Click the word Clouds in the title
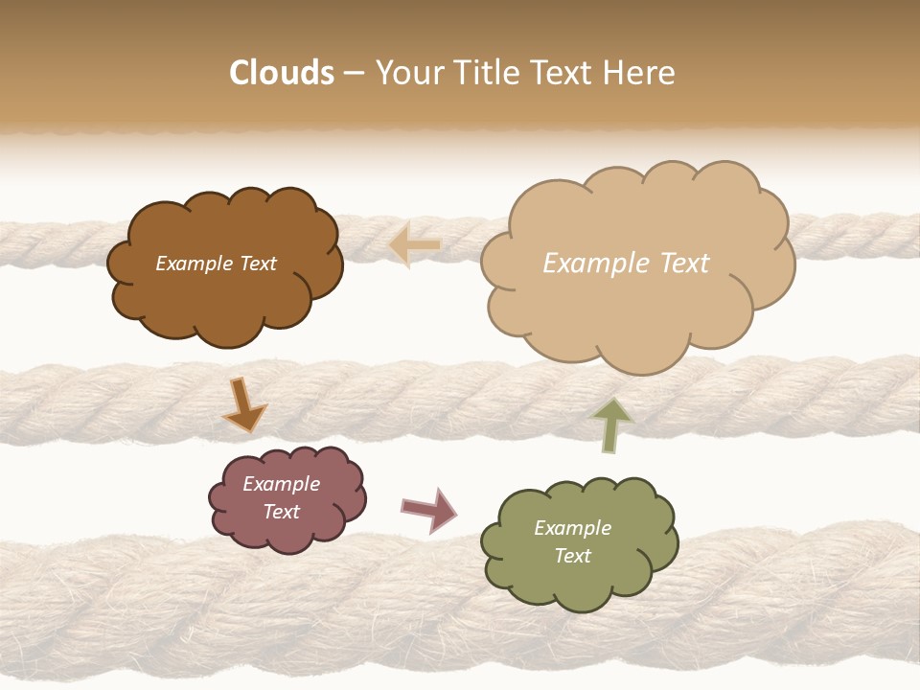pos(281,73)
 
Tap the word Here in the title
pos(641,73)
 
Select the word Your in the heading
pos(408,73)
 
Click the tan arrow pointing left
pos(415,245)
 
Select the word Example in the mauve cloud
pos(282,484)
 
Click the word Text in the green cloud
pos(572,556)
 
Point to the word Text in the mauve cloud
pos(282,512)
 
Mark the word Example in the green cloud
pos(572,528)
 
